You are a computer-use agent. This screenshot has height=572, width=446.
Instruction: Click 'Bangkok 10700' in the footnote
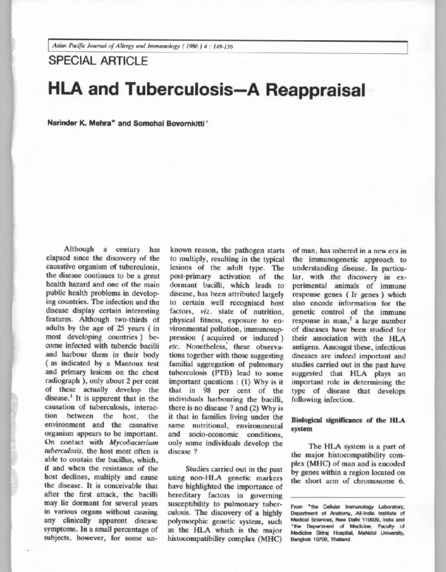[x=313, y=540]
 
